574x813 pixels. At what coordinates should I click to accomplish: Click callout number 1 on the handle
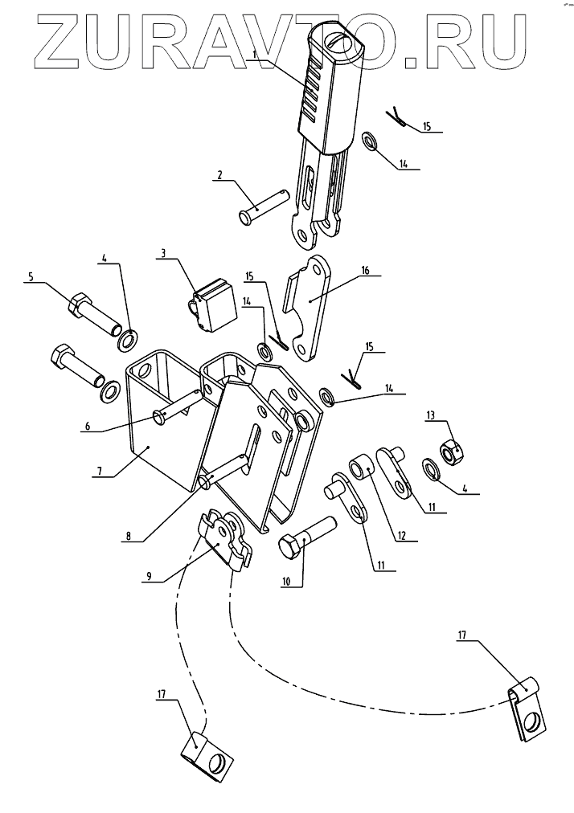(254, 54)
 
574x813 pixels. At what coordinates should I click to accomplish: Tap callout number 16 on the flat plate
(365, 272)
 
